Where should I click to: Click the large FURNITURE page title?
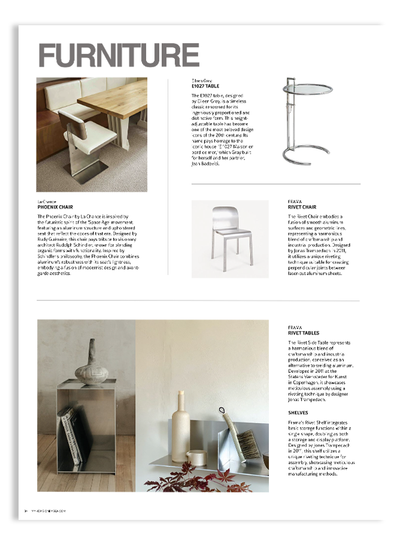coord(119,56)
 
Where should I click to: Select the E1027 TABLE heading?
coord(205,86)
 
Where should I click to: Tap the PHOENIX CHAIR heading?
coord(55,207)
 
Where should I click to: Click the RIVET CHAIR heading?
coord(302,207)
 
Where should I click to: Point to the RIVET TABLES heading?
coord(304,333)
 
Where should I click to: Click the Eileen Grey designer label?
coord(202,80)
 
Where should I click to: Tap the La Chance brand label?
coord(47,202)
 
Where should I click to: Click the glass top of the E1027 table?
coord(308,89)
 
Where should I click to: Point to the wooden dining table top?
coord(114,100)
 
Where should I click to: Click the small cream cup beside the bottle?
coord(196,458)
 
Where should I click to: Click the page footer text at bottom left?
coord(45,510)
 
